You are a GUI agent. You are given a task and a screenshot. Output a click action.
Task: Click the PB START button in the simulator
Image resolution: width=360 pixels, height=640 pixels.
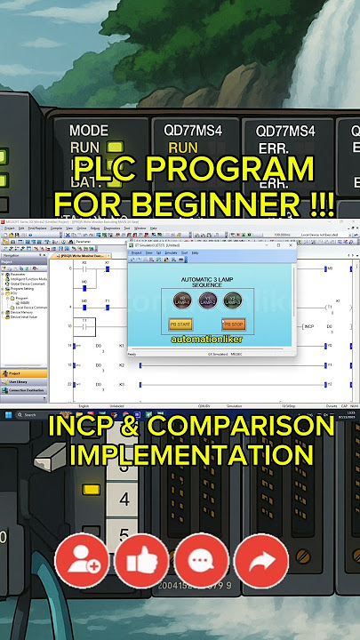[181, 324]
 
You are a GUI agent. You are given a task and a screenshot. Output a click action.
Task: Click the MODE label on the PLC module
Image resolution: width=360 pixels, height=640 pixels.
[88, 130]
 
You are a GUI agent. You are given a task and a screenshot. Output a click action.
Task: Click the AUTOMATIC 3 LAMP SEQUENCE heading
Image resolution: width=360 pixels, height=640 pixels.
[206, 283]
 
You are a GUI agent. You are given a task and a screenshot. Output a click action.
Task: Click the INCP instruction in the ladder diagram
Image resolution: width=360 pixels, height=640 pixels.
[309, 325]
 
